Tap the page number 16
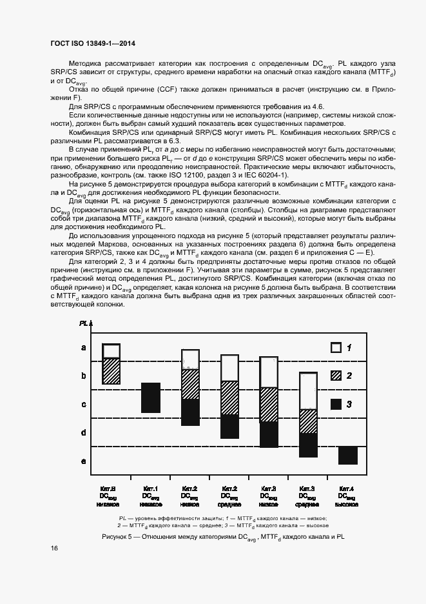pos(53,549)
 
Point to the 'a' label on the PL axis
pos(83,348)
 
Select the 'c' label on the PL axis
pos(83,405)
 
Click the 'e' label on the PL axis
pos(83,461)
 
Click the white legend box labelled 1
pos(335,347)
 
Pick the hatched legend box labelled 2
pos(335,376)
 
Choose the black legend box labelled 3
pos(335,404)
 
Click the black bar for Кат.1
pos(151,398)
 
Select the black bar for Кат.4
pos(348,455)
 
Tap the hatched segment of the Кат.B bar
pos(111,371)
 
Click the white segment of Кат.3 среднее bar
pos(309,391)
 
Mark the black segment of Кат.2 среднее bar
pos(230,427)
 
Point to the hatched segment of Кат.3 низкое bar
pos(269,405)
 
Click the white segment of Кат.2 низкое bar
pos(190,359)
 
